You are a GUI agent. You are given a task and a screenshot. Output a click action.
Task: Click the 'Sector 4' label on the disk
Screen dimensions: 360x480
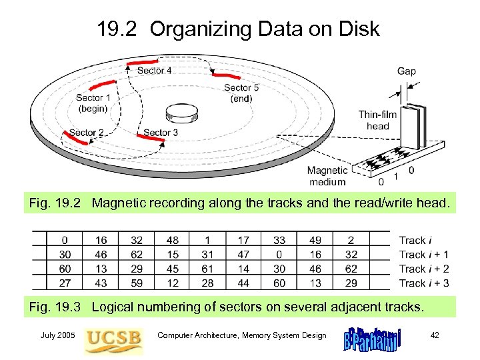pyautogui.click(x=155, y=71)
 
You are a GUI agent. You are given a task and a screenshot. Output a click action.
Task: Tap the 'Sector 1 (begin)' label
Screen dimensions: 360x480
pyautogui.click(x=89, y=103)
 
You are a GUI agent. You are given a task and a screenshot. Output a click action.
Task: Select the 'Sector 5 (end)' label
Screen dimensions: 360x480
pyautogui.click(x=237, y=93)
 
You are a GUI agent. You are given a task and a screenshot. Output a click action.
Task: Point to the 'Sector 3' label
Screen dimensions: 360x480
pyautogui.click(x=161, y=133)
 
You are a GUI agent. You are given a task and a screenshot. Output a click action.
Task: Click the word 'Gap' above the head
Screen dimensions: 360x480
pyautogui.click(x=407, y=71)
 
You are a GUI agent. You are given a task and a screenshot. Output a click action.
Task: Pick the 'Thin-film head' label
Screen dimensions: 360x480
pyautogui.click(x=377, y=120)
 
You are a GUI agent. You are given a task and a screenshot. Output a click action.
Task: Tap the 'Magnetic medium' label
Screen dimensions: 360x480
pyautogui.click(x=327, y=176)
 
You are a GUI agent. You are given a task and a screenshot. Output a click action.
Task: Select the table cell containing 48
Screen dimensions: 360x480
pyautogui.click(x=172, y=240)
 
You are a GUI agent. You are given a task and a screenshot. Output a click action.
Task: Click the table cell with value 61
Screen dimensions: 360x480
pyautogui.click(x=207, y=269)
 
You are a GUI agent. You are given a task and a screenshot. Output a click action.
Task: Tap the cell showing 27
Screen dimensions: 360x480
pyautogui.click(x=65, y=283)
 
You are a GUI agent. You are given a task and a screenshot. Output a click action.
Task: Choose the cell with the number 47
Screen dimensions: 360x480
pyautogui.click(x=243, y=254)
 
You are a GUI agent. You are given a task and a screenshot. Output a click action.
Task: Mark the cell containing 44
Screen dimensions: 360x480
pyautogui.click(x=243, y=283)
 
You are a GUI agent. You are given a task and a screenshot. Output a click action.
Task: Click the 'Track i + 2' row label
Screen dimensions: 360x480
pyautogui.click(x=424, y=269)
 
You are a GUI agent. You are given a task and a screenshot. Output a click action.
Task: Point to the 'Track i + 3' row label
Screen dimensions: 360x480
pyautogui.click(x=424, y=283)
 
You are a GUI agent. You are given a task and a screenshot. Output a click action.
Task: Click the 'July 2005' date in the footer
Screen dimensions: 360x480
pyautogui.click(x=58, y=335)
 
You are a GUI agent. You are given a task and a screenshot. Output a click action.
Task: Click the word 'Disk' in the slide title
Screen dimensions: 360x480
pyautogui.click(x=359, y=29)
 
